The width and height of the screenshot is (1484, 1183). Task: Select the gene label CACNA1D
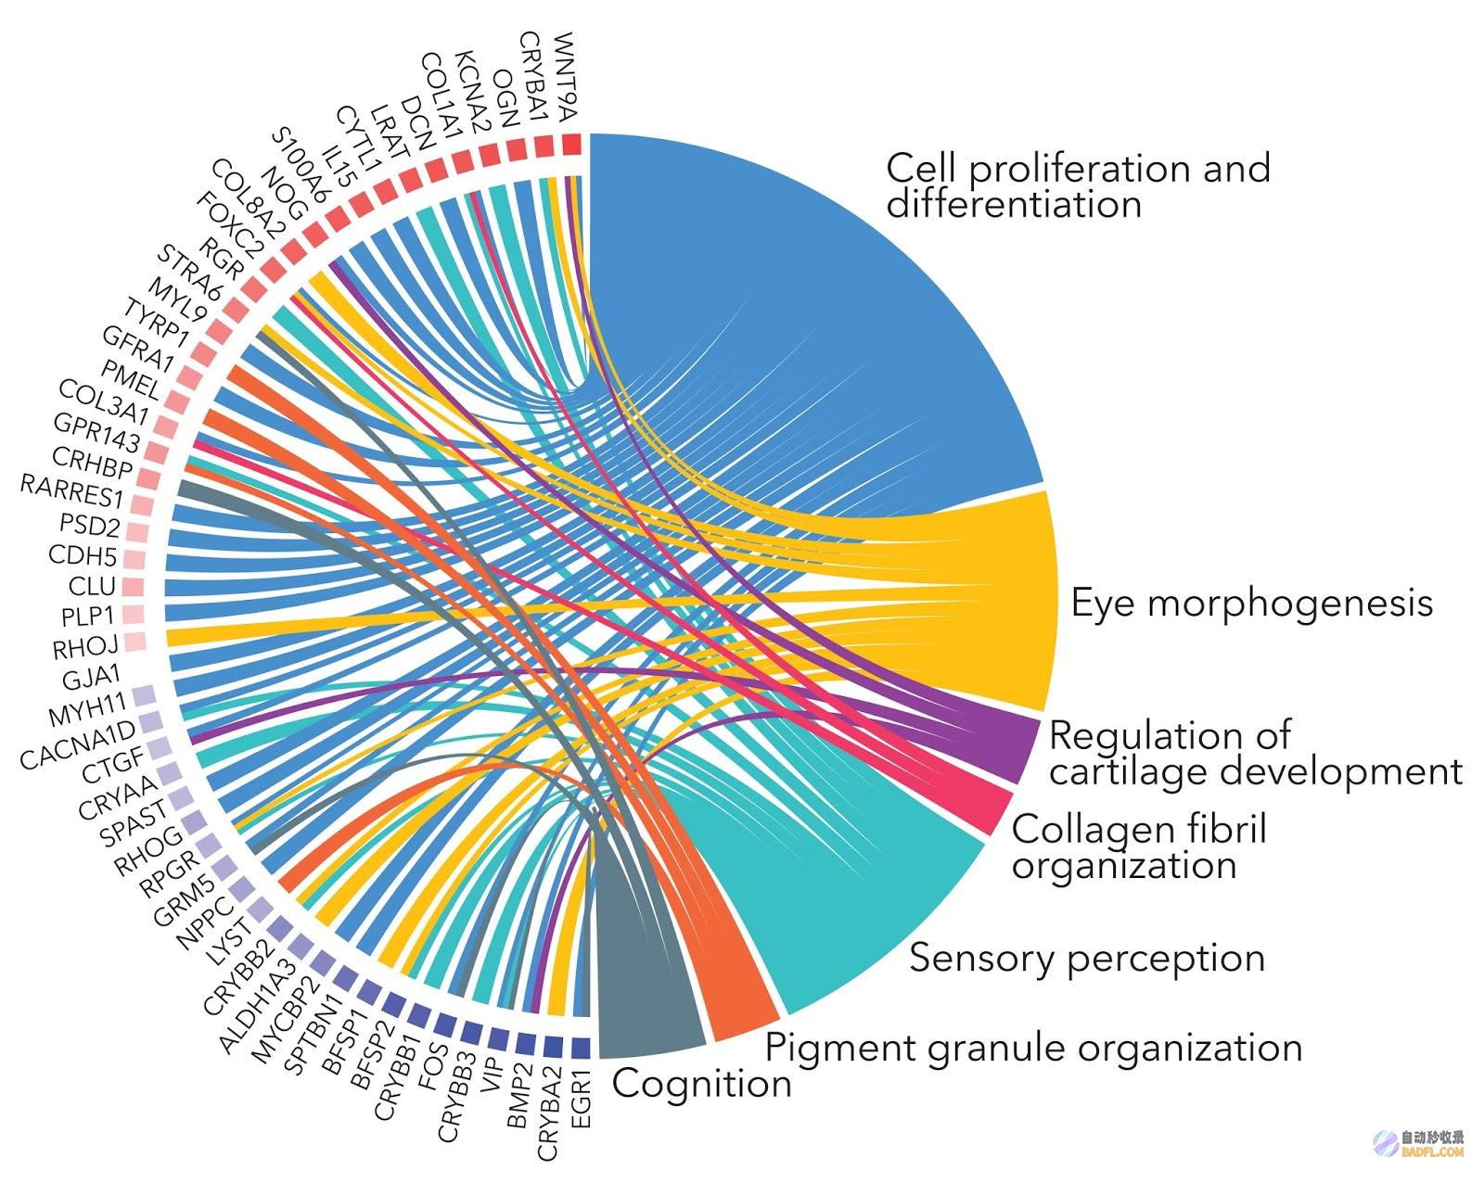pos(78,746)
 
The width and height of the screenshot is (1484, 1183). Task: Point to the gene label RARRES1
pos(71,490)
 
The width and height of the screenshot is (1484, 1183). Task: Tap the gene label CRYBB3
pos(456,1096)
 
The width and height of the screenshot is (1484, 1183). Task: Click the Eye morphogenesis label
pos(1251,604)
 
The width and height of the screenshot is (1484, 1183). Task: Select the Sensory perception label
pos(1087,959)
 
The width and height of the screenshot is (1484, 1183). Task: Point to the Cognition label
pos(701,1083)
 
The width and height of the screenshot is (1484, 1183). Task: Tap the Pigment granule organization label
pos(1033,1049)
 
